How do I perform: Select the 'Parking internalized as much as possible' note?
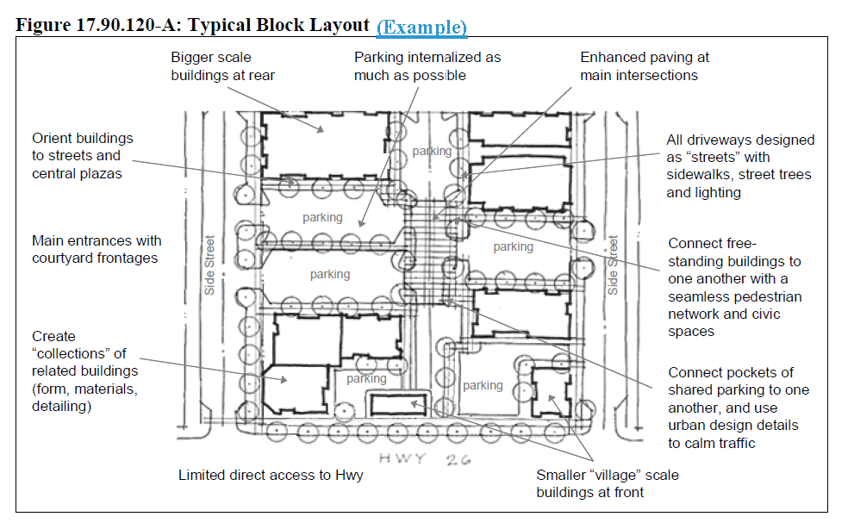click(x=427, y=66)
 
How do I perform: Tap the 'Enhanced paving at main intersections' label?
click(x=645, y=66)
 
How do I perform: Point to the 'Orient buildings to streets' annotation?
click(x=83, y=156)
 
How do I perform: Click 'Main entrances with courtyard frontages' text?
click(x=97, y=249)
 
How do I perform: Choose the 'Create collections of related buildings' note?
click(x=84, y=371)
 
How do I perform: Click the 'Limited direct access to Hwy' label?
click(x=271, y=475)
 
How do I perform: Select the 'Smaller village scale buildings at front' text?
click(x=607, y=483)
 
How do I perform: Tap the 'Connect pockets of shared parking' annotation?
click(x=739, y=408)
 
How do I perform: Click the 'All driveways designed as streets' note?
click(x=739, y=166)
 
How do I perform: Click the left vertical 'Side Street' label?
click(x=209, y=265)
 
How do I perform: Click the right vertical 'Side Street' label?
click(x=613, y=265)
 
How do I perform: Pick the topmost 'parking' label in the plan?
click(x=431, y=151)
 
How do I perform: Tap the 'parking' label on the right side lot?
click(x=513, y=247)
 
